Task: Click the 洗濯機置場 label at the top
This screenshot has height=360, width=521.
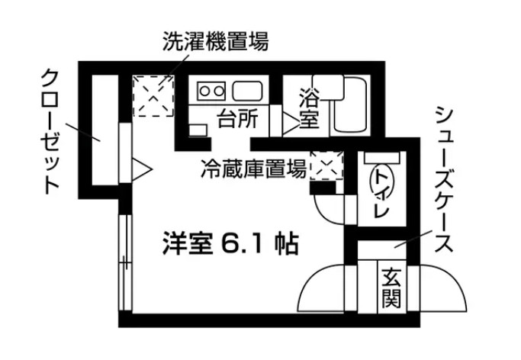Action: (215, 41)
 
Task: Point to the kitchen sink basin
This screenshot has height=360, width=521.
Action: (249, 92)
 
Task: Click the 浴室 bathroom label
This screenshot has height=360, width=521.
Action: (308, 109)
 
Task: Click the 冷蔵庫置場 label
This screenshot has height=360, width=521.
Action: (253, 169)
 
